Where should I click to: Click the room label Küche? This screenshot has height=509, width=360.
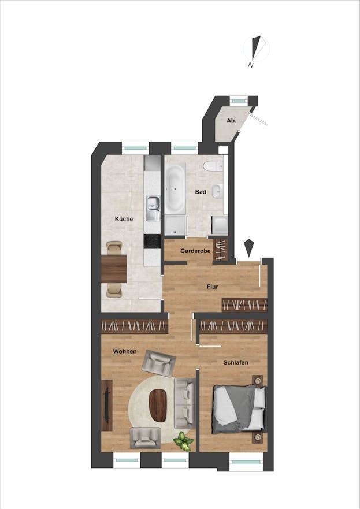pos(124,219)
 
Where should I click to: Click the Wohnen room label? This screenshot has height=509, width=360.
pos(124,351)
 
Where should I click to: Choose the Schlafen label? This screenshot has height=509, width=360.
pos(236,362)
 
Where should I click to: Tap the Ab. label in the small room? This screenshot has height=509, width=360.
pos(231,121)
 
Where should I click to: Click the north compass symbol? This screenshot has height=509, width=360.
pos(257,49)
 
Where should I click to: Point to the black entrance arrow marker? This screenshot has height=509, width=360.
pos(248,247)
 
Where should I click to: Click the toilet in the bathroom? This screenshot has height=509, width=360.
pos(212,166)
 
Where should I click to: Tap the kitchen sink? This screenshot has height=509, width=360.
pos(153,208)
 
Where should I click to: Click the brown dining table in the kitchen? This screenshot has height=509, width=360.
pos(114,269)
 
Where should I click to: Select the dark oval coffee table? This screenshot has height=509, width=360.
pos(158,406)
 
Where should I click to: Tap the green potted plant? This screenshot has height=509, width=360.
pos(184,441)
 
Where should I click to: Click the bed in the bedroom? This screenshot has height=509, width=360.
pos(239,409)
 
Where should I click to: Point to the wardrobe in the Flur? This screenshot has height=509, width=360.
pos(244,304)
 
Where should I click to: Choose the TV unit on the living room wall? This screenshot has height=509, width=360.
pos(107,405)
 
